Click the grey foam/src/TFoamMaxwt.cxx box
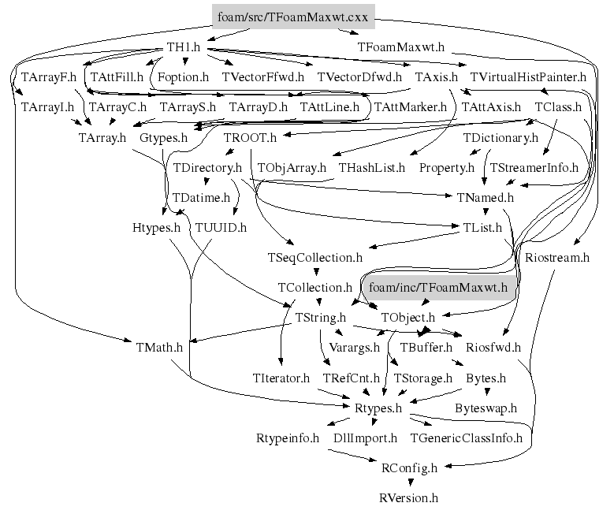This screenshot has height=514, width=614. point(295,17)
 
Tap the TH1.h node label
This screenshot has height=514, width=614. point(184,47)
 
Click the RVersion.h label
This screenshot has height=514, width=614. point(407,497)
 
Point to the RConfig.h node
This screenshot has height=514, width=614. point(408,468)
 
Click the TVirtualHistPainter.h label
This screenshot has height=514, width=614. point(528,77)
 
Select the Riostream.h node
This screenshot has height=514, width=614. point(556,257)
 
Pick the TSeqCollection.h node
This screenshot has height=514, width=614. point(315,257)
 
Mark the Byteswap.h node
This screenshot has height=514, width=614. point(486,408)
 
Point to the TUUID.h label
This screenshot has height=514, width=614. point(221,228)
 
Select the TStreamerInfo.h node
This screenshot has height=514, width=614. point(534,167)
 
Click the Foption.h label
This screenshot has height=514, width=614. point(183,77)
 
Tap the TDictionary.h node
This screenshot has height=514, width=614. point(500,137)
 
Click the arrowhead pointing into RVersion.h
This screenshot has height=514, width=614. point(408,482)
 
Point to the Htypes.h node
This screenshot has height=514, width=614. point(156,228)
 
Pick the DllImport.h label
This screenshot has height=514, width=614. point(365,438)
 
